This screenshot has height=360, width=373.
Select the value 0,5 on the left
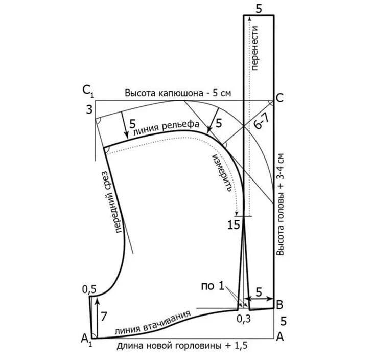[89, 289]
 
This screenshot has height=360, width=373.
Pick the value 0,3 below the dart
[243, 319]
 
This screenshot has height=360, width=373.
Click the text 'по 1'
[214, 285]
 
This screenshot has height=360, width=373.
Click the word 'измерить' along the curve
[224, 171]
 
